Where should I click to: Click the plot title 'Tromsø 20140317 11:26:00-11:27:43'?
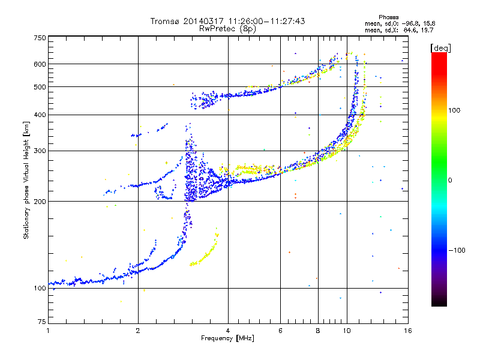[x=227, y=21]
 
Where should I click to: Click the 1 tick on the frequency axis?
[x=48, y=330]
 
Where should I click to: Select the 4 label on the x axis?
[x=228, y=330]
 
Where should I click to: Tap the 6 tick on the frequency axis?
[x=281, y=330]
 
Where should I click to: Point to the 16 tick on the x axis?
[x=407, y=330]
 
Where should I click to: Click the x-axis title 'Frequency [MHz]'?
[x=227, y=338]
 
